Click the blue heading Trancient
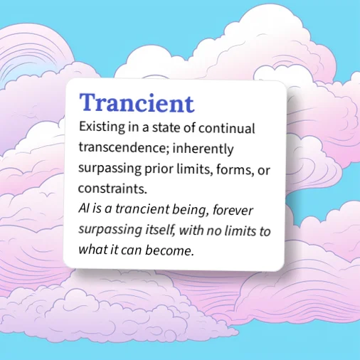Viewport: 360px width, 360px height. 137,103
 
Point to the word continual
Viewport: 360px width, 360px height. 227,129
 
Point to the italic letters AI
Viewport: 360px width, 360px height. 84,211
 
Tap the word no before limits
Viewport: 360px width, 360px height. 215,231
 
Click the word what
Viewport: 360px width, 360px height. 92,250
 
